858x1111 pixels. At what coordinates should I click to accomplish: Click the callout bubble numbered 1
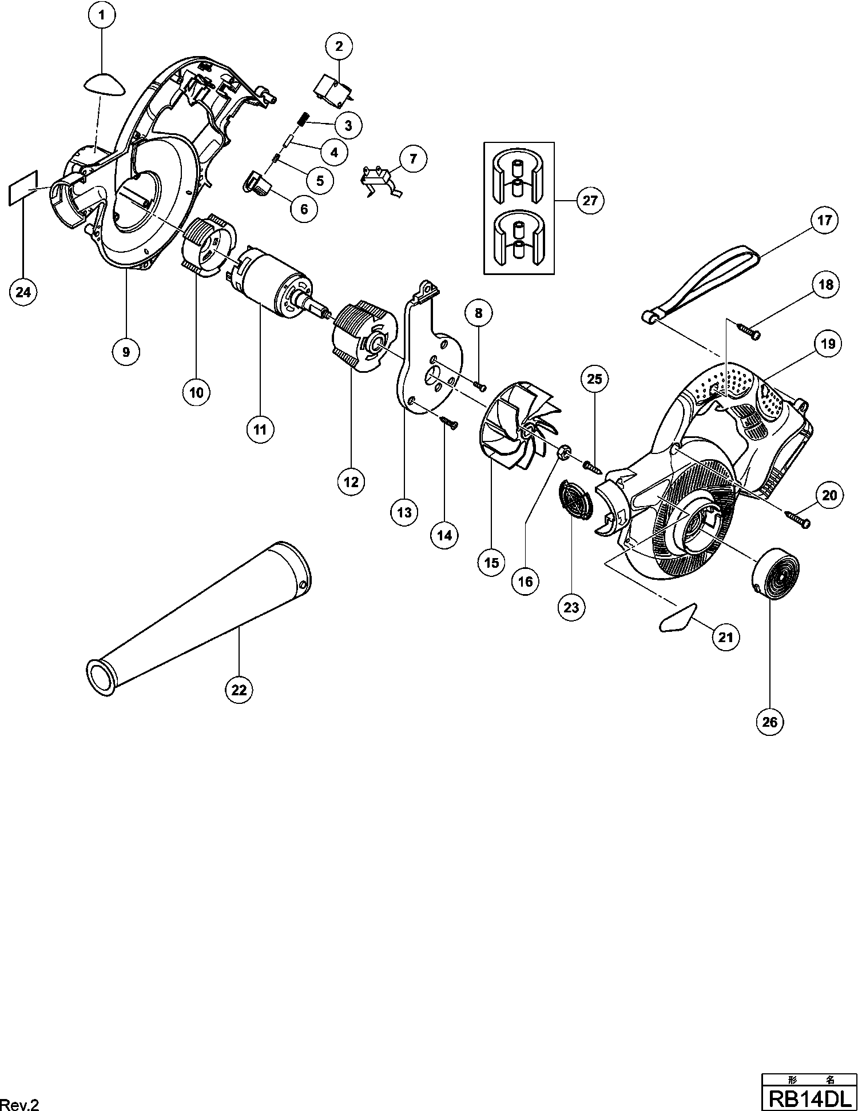point(102,16)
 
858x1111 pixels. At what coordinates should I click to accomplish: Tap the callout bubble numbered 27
point(590,200)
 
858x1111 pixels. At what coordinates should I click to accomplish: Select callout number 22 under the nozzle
point(239,690)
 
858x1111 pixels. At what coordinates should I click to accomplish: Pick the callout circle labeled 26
point(770,722)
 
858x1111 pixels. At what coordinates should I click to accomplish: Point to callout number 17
point(824,221)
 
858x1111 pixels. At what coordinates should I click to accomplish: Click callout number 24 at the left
point(23,292)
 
